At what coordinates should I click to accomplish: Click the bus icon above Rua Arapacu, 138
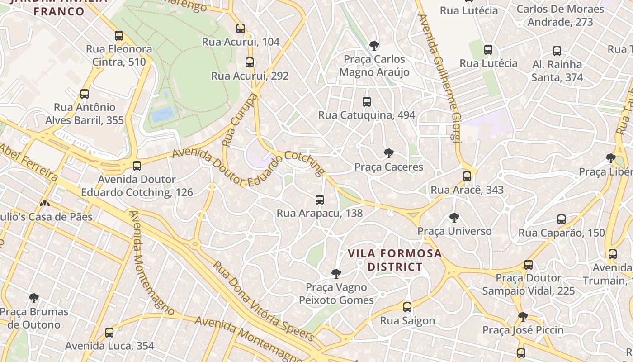tap(320, 200)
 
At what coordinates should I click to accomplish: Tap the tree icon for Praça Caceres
tap(388, 153)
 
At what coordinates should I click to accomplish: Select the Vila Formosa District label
tap(395, 260)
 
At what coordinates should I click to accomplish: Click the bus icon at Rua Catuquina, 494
tap(367, 102)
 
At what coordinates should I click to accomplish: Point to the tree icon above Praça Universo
tap(454, 218)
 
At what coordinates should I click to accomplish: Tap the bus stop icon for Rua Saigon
tap(407, 307)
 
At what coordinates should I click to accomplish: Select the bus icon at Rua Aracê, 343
tap(467, 176)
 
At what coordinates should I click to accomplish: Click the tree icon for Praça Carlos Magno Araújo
tap(374, 46)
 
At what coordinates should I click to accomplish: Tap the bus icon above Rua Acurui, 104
tap(241, 29)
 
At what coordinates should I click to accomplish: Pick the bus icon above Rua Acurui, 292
tap(250, 62)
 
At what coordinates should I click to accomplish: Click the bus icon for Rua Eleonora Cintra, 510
tap(119, 35)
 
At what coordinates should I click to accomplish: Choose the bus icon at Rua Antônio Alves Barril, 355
tap(85, 94)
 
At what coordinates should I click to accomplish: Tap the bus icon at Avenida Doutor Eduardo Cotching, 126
tap(137, 166)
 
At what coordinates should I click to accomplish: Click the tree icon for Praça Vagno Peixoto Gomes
tap(336, 273)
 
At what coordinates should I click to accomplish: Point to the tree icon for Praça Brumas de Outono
tap(34, 298)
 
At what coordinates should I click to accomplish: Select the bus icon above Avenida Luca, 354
tap(109, 333)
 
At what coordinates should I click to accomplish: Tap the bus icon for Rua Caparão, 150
tap(562, 219)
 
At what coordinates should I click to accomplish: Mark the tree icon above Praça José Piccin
tap(523, 316)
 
